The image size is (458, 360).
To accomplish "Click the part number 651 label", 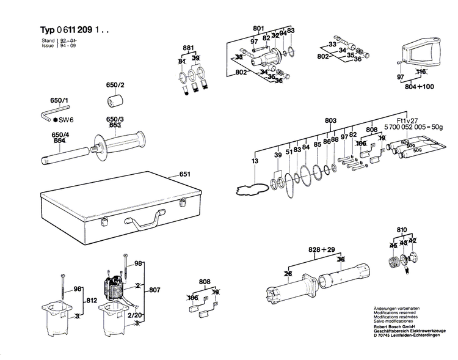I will (185, 175).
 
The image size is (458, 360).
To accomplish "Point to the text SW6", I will (65, 120).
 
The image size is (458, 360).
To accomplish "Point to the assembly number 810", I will (401, 230).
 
